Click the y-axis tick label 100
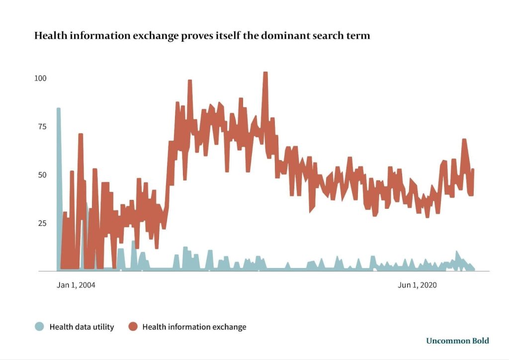tap(40, 79)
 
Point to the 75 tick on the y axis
tap(40, 127)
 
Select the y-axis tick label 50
tap(40, 175)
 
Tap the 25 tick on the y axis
tap(40, 223)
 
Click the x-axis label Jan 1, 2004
tap(76, 285)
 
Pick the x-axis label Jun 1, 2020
tap(418, 285)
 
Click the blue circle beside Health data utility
tap(39, 327)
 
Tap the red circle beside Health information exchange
tap(133, 327)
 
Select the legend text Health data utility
tap(82, 327)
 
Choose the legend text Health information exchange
tap(194, 327)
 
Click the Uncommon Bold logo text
tap(457, 341)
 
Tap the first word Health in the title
tap(48, 36)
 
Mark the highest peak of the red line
tap(265, 73)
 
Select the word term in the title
tap(359, 36)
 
